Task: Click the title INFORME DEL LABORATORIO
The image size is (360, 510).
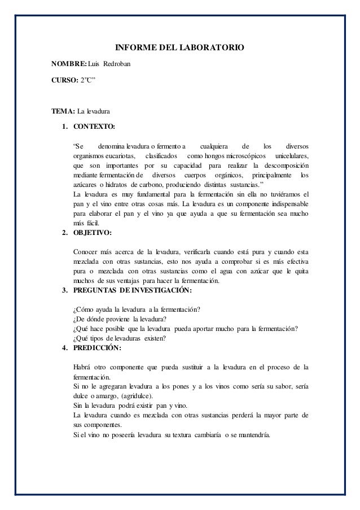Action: pyautogui.click(x=179, y=50)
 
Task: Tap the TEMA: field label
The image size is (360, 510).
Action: pyautogui.click(x=63, y=110)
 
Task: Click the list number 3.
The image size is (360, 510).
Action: pyautogui.click(x=65, y=291)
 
